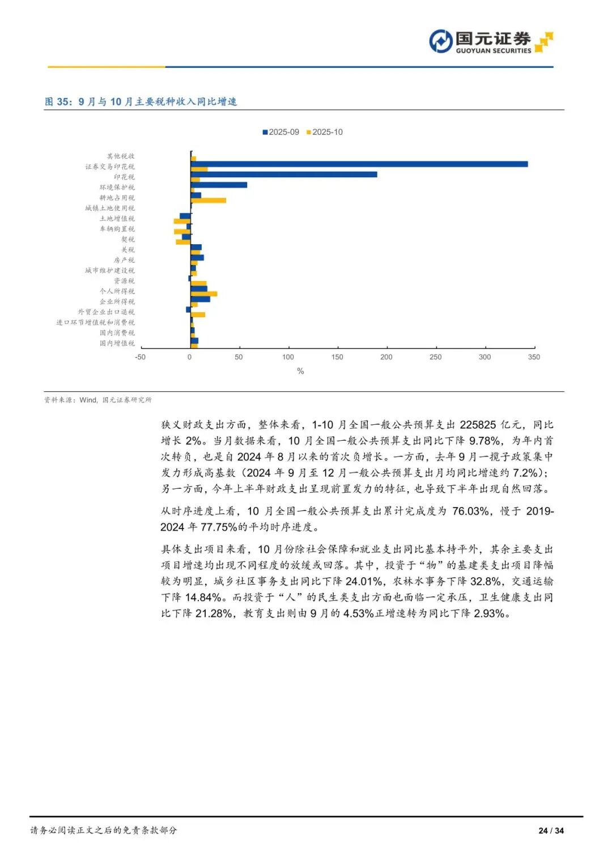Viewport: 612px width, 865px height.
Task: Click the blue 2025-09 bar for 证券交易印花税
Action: click(x=359, y=164)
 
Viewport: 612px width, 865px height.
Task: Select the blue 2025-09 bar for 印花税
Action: click(x=284, y=174)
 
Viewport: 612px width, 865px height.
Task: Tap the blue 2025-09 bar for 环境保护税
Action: click(x=219, y=185)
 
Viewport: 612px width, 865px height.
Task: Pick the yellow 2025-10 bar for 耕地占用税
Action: click(x=208, y=201)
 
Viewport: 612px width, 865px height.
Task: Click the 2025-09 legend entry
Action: click(x=280, y=132)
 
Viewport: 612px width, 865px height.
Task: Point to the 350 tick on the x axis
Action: click(x=534, y=357)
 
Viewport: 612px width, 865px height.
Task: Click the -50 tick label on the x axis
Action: click(x=140, y=357)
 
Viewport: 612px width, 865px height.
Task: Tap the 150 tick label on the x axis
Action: click(x=337, y=357)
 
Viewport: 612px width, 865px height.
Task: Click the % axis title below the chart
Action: click(x=300, y=371)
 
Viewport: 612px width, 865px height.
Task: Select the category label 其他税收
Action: click(x=121, y=156)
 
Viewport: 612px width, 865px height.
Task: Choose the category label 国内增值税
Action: click(x=117, y=343)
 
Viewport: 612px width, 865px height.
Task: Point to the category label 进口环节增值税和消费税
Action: click(x=95, y=322)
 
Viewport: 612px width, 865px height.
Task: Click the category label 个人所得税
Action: click(x=117, y=291)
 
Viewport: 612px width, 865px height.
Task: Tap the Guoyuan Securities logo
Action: click(x=491, y=42)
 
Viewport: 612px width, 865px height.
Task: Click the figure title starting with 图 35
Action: click(x=141, y=101)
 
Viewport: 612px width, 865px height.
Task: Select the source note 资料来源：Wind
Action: click(x=98, y=400)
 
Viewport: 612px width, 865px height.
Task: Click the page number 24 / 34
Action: click(x=551, y=830)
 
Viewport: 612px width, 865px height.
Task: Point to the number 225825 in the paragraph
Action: click(x=478, y=425)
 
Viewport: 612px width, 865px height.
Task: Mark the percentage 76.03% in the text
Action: click(x=470, y=511)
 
